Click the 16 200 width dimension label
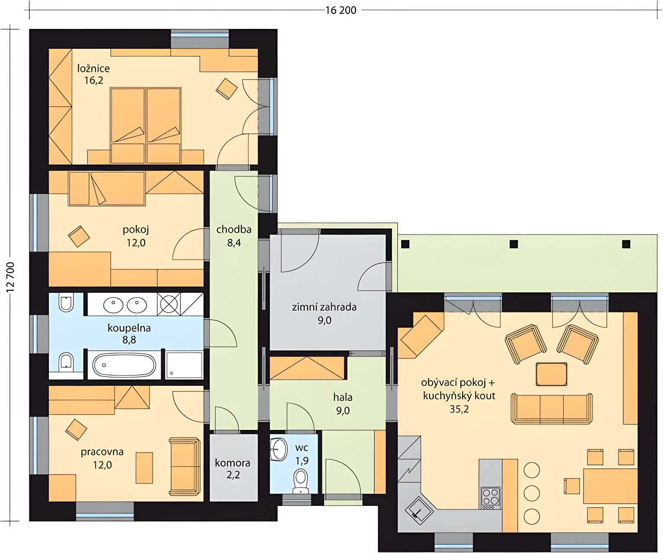[x=341, y=10]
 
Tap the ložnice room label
[x=93, y=69]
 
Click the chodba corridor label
[x=234, y=229]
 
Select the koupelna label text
[x=129, y=328]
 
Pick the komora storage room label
[x=233, y=463]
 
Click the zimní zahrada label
[x=324, y=307]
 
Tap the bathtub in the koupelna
[x=124, y=365]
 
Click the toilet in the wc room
[x=300, y=481]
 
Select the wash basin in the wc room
[x=278, y=449]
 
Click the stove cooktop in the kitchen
[x=490, y=497]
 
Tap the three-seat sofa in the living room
[x=551, y=409]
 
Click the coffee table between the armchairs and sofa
[x=551, y=374]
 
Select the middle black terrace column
[x=513, y=244]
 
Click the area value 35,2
[x=459, y=410]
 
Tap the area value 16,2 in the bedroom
[x=93, y=80]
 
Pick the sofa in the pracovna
[x=184, y=466]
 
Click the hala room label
[x=343, y=397]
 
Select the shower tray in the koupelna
[x=184, y=365]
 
